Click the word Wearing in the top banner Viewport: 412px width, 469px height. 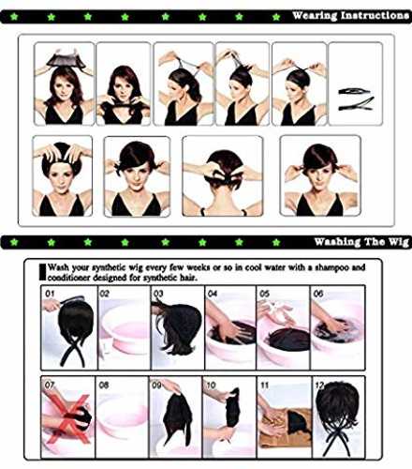click(315, 15)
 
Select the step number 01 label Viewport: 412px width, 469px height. click(50, 294)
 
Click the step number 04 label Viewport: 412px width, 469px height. click(213, 294)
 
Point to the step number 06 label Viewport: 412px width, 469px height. click(318, 294)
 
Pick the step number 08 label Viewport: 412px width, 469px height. click(104, 385)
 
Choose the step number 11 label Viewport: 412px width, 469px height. click(264, 385)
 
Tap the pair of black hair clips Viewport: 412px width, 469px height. click(356, 99)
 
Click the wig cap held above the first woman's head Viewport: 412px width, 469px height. click(66, 60)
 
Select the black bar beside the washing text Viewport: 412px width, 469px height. click(42, 272)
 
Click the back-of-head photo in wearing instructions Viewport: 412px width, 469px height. click(223, 175)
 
